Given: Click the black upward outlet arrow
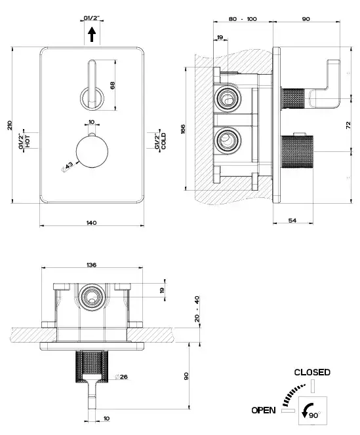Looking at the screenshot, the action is [x=92, y=35].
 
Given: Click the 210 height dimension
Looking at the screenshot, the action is [x=10, y=125].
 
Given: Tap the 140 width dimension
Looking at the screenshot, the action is [x=91, y=223].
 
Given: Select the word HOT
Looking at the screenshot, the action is [x=28, y=142].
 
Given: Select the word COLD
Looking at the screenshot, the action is [x=163, y=141].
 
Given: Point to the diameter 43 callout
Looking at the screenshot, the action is [x=67, y=166].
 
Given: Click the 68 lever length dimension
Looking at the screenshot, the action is [x=113, y=85].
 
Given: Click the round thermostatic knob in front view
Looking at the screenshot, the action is [x=92, y=151].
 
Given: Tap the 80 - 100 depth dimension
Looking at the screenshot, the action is [x=243, y=19].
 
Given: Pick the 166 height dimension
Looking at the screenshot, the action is [x=183, y=129].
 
